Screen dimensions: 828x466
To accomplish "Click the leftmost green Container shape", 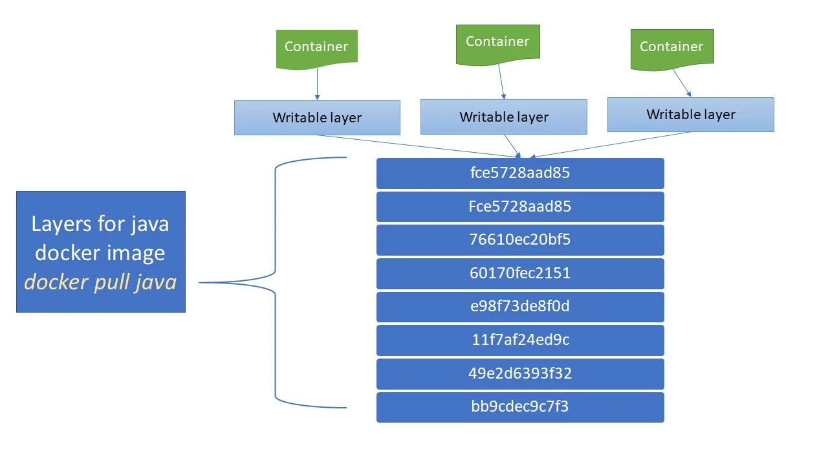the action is pyautogui.click(x=316, y=47).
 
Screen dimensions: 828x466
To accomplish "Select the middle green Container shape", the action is pyautogui.click(x=497, y=43).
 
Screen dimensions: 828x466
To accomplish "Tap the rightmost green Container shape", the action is pyautogui.click(x=671, y=47).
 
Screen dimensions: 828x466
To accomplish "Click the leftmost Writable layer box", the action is pyautogui.click(x=317, y=118).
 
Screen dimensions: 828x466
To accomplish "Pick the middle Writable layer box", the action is pyautogui.click(x=503, y=117).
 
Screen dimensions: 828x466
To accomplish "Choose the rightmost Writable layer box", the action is pyautogui.click(x=690, y=115).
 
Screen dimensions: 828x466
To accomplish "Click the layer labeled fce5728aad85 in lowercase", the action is pyautogui.click(x=520, y=173).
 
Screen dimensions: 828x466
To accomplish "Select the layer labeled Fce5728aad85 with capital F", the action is pyautogui.click(x=520, y=206).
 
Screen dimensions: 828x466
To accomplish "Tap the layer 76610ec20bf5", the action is pyautogui.click(x=520, y=239).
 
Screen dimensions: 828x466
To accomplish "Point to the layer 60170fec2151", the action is pyautogui.click(x=520, y=273).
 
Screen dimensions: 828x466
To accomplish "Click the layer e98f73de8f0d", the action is pyautogui.click(x=520, y=307).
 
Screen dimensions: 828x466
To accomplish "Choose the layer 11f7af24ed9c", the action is pyautogui.click(x=520, y=340).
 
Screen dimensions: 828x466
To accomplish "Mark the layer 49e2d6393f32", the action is pyautogui.click(x=520, y=373).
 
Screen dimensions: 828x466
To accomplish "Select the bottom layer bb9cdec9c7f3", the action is pyautogui.click(x=520, y=407).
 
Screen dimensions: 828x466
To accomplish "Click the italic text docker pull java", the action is pyautogui.click(x=100, y=282).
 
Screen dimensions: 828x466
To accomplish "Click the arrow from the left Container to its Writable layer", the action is pyautogui.click(x=317, y=84).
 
